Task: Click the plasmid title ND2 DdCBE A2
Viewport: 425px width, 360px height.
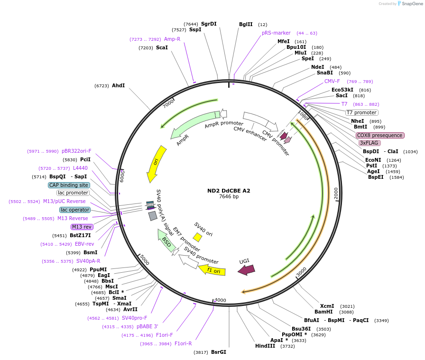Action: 229,191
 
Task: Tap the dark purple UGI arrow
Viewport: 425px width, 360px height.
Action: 246,269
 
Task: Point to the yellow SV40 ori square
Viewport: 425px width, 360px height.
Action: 197,237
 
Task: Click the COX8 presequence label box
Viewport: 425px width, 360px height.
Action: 380,135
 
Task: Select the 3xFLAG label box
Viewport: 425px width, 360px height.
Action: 370,143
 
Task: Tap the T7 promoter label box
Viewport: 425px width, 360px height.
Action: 361,112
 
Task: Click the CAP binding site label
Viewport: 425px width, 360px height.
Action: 69,185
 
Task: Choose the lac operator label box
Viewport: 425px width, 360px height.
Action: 75,210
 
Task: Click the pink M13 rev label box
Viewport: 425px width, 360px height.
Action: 82,227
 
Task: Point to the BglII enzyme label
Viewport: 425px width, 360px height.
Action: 246,24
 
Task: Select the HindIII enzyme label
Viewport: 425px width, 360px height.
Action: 265,346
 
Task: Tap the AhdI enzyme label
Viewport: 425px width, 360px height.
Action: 118,86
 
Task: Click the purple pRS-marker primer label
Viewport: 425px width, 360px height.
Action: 276,33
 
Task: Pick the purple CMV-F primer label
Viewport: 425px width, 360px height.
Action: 332,82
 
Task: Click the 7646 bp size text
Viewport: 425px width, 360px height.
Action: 229,196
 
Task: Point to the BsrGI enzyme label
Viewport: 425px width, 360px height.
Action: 219,352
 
